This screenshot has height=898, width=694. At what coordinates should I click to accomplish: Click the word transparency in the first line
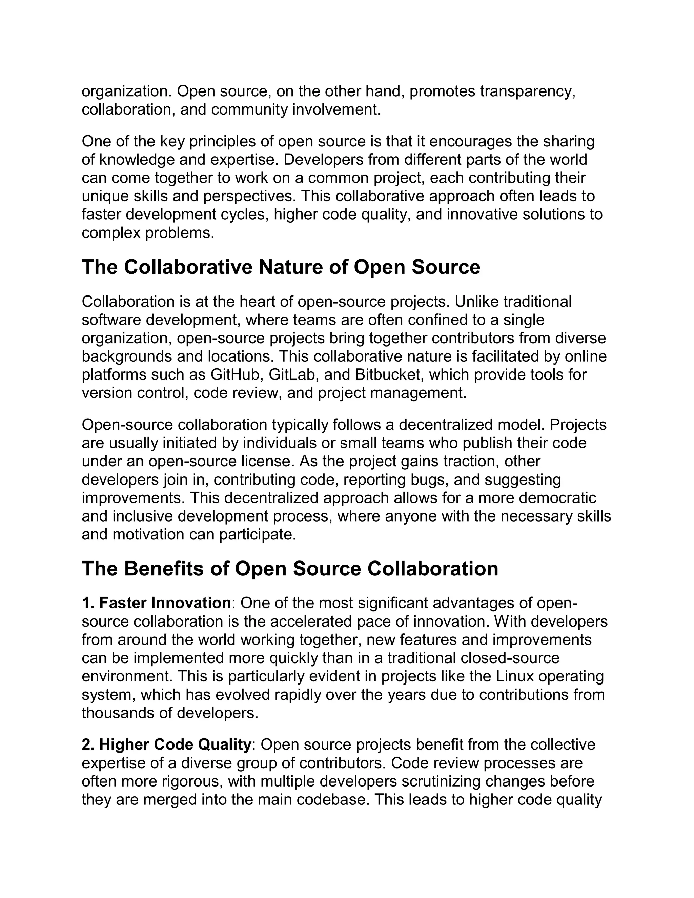coord(526,91)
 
